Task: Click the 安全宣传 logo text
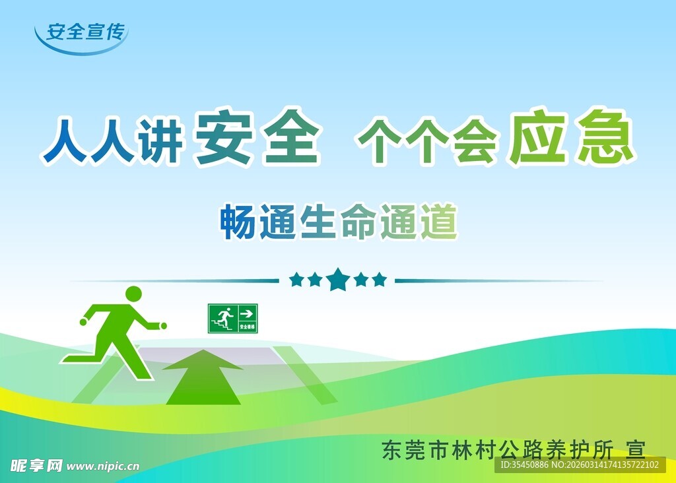[84, 32]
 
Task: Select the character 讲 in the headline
[159, 141]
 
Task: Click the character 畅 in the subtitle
[238, 222]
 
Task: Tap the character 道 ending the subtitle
[438, 222]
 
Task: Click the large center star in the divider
[338, 280]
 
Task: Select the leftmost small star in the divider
[296, 280]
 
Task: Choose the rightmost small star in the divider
[379, 280]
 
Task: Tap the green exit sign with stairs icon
[233, 318]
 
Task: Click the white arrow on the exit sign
[247, 313]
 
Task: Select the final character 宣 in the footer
[635, 449]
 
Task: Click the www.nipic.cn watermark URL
[104, 466]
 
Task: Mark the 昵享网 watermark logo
[32, 465]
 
